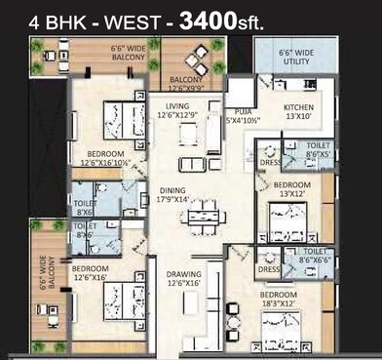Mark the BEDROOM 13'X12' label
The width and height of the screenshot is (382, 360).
coord(292,189)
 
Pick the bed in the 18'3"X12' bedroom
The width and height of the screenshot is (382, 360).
coord(280,332)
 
